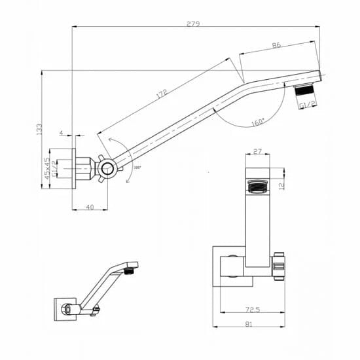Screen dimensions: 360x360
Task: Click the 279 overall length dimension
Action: tap(193, 24)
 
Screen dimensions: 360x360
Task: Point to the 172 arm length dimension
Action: tap(161, 94)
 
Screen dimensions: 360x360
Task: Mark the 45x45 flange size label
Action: tap(46, 168)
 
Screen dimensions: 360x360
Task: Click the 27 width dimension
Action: tap(257, 152)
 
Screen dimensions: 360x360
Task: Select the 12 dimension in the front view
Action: tap(282, 185)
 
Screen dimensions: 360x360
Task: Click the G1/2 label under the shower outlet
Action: tap(306, 105)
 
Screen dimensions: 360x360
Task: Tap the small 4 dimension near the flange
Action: tap(61, 133)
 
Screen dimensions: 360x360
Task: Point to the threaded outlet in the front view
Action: tap(257, 186)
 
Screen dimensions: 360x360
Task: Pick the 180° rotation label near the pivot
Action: tap(136, 168)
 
